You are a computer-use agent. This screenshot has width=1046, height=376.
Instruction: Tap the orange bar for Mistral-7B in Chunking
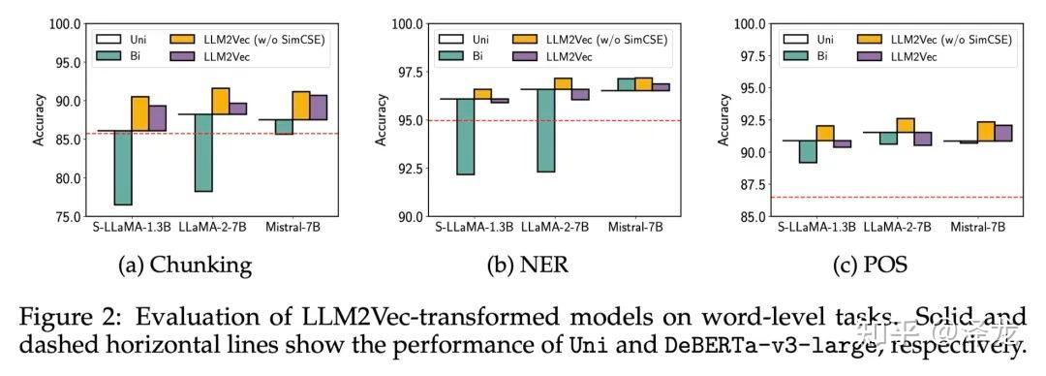[301, 106]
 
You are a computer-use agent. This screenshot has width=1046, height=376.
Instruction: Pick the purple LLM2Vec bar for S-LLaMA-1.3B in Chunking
[158, 118]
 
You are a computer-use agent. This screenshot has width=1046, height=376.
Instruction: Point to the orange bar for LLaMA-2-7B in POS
[906, 125]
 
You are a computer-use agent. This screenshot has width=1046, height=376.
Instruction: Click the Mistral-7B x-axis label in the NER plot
[635, 228]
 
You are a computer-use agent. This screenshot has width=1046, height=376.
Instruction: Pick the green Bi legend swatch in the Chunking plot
[108, 56]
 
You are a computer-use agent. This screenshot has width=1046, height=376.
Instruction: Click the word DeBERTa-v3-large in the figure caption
[754, 347]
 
